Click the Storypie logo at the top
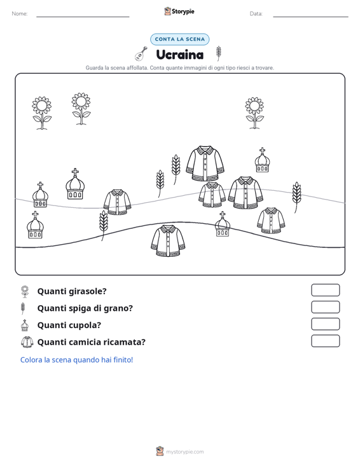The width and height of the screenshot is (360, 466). (179, 11)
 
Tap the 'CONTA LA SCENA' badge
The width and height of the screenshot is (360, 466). (179, 39)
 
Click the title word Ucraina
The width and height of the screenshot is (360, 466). (180, 55)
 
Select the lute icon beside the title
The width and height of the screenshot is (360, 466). (141, 53)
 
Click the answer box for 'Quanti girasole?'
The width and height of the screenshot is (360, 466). (325, 290)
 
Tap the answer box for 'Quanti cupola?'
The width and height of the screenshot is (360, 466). (325, 324)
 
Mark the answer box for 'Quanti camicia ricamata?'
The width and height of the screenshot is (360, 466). (325, 341)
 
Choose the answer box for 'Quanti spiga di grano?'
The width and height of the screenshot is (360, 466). (325, 307)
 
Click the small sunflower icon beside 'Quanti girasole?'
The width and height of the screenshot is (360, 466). (25, 291)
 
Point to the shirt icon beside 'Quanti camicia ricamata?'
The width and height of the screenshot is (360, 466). (27, 342)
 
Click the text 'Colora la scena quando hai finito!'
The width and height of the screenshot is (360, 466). (76, 360)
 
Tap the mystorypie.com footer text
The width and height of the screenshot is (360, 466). (184, 452)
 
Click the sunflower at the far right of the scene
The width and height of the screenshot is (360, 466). (254, 113)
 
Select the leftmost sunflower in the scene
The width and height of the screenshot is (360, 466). (42, 113)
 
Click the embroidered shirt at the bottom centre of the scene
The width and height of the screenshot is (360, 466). (168, 241)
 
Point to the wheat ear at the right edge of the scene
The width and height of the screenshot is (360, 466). (296, 196)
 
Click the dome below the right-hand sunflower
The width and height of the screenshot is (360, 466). (262, 160)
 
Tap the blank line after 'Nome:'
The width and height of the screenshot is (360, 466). (83, 17)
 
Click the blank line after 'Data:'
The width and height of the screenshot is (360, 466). (310, 17)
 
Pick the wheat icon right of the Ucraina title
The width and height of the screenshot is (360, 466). (219, 53)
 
